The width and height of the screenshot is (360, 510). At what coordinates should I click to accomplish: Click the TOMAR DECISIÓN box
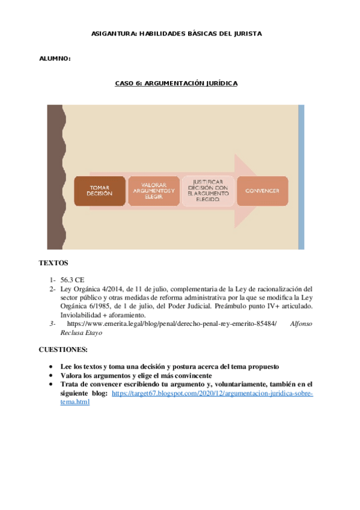click(100, 191)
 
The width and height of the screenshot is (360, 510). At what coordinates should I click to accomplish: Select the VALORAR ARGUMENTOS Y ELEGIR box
click(153, 191)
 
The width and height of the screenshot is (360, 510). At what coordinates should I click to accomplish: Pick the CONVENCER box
click(262, 191)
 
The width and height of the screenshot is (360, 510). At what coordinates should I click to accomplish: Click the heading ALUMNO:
click(55, 59)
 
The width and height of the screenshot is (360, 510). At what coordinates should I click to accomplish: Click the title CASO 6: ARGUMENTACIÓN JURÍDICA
click(176, 83)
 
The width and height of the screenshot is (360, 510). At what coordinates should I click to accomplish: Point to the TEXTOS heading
click(53, 263)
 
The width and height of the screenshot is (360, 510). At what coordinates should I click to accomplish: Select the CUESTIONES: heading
click(63, 349)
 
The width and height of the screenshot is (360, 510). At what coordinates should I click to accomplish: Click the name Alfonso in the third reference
click(301, 324)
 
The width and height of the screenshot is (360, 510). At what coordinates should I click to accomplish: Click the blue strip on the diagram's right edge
click(301, 177)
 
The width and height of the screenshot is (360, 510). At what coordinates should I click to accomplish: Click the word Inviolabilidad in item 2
click(82, 315)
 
